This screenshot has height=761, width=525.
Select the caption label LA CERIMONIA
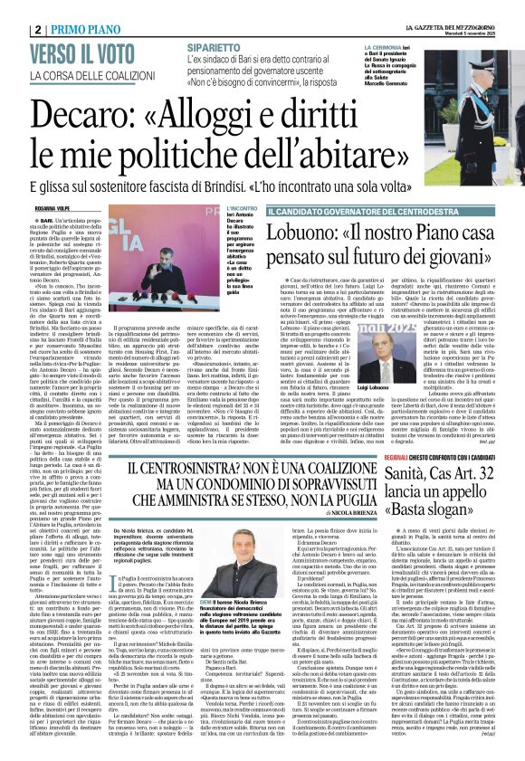coord(384,45)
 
